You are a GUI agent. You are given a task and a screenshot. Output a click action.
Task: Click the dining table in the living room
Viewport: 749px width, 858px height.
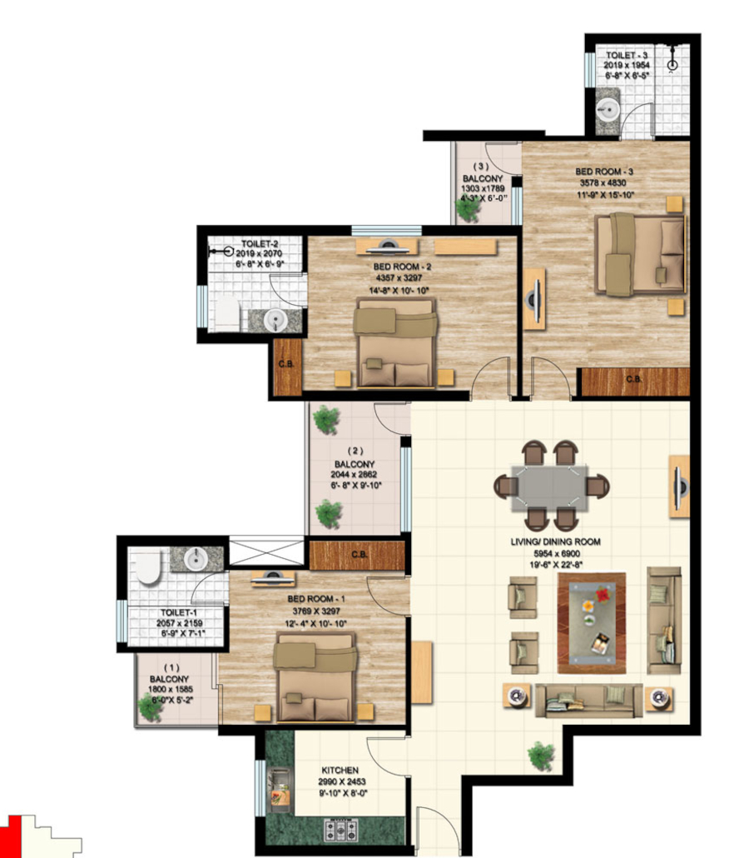tap(551, 486)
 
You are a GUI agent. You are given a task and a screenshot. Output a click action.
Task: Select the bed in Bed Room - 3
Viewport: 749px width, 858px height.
tap(640, 254)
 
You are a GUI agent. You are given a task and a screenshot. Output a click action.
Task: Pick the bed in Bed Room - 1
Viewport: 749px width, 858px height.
tap(315, 676)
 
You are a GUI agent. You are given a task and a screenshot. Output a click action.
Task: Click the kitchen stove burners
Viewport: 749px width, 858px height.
tap(340, 830)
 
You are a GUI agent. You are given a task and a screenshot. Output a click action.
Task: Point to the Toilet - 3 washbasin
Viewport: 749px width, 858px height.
tap(608, 109)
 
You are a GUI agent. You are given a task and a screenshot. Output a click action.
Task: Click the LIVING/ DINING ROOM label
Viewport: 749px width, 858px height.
tap(555, 541)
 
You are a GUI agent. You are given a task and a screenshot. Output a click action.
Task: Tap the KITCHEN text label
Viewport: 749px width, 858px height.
tap(340, 771)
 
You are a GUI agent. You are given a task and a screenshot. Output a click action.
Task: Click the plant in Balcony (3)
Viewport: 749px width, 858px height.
tap(469, 208)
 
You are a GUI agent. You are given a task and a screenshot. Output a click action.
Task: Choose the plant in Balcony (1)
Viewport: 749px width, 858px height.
tap(151, 707)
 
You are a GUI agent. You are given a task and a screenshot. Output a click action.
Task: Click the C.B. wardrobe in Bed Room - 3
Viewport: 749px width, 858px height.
tap(634, 381)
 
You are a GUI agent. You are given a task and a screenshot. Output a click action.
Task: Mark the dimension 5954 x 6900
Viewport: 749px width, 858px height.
tap(555, 552)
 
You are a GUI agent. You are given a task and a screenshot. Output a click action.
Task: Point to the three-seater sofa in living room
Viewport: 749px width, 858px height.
tap(588, 700)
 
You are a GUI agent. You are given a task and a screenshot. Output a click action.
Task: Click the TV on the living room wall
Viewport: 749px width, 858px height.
tap(679, 486)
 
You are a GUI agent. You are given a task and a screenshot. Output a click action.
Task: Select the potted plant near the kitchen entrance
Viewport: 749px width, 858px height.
tap(541, 756)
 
